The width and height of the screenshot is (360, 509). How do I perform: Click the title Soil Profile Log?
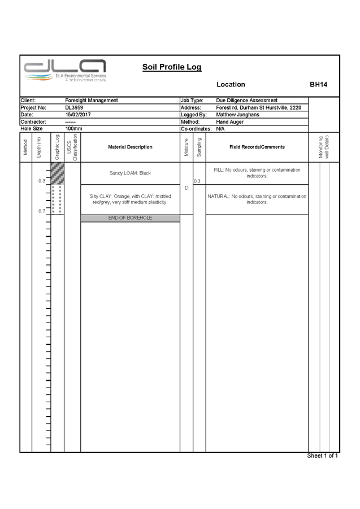tap(171, 67)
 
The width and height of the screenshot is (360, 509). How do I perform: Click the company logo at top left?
tap(65, 70)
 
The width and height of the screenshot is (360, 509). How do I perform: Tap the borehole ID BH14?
tap(318, 84)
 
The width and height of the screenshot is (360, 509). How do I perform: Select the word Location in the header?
tap(231, 84)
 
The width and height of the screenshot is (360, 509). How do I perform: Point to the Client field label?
tap(28, 100)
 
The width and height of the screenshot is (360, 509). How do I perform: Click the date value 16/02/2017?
tap(78, 114)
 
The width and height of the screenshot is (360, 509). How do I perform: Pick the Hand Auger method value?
tap(230, 121)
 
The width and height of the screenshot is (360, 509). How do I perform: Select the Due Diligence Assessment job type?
tap(246, 100)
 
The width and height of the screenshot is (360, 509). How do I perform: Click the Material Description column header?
tap(130, 147)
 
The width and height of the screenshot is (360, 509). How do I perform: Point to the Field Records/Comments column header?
tap(257, 147)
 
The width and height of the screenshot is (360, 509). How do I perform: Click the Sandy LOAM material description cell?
tap(130, 173)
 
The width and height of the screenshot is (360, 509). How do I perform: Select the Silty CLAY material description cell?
tap(130, 199)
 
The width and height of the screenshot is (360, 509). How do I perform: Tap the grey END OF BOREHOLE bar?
tap(130, 218)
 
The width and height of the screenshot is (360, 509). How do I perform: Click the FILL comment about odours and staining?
tap(257, 172)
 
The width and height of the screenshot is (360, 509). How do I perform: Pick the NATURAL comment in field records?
tap(257, 199)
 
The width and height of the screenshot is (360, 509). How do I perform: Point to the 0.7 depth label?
tap(41, 211)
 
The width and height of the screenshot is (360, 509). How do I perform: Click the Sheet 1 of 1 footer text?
tap(322, 456)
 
